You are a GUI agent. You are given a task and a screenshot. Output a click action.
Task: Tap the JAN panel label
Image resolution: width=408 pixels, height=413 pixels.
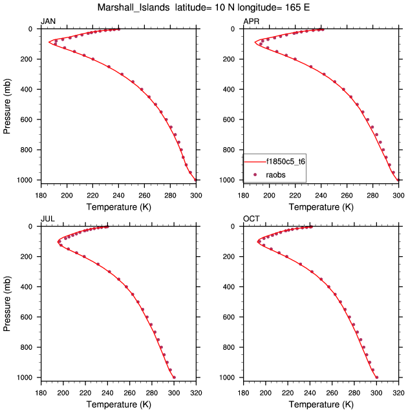[x=48, y=21]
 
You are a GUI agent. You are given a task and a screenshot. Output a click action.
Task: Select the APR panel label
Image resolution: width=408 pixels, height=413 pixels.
[x=251, y=21]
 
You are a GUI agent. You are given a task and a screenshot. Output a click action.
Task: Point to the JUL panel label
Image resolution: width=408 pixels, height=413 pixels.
[x=47, y=219]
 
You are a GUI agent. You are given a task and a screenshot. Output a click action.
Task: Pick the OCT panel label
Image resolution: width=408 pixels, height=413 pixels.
[x=252, y=219]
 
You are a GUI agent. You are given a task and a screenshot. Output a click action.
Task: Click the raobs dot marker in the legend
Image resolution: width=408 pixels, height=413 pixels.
[x=255, y=174]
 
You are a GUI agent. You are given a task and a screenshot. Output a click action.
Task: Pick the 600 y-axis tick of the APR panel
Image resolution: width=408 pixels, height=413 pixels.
[x=233, y=120]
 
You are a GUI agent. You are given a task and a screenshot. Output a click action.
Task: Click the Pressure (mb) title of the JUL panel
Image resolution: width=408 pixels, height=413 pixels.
[x=7, y=302]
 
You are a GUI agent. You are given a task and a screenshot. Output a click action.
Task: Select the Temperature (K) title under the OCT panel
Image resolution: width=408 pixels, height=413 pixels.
[x=321, y=404]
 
